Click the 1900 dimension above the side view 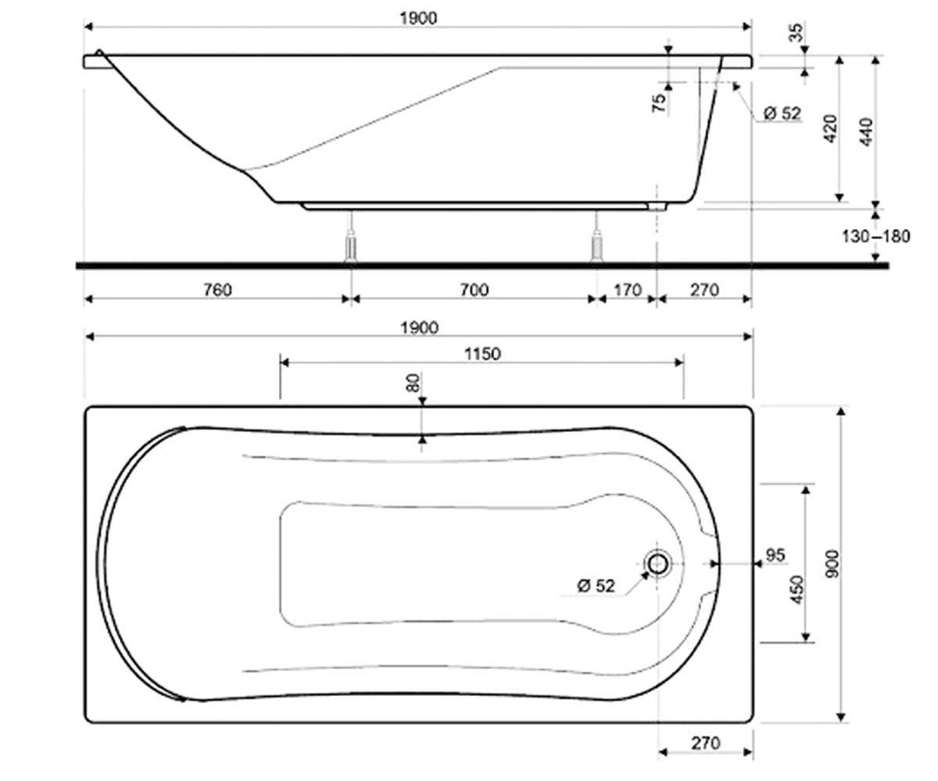[x=418, y=19]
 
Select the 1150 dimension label [x=482, y=354]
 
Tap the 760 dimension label [x=218, y=290]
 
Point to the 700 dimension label [x=474, y=290]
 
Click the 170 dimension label [x=628, y=291]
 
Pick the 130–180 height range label [x=875, y=236]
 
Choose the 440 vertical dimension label [x=867, y=131]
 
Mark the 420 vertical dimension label [x=831, y=130]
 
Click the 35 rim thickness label [x=796, y=32]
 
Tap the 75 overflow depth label [x=659, y=103]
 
